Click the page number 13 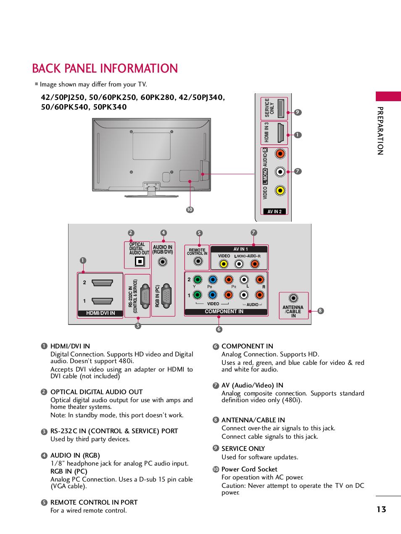point(381,509)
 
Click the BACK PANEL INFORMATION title point(105,68)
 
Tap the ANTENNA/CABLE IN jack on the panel point(293,298)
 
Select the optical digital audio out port point(140,262)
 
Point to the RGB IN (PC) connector point(166,296)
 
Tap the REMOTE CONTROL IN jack point(198,261)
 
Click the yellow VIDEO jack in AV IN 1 point(224,264)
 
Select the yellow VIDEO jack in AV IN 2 point(280,191)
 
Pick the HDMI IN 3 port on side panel point(280,133)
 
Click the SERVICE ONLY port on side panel point(280,108)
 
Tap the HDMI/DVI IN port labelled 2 point(102,283)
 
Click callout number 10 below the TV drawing point(190,209)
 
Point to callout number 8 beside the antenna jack point(321,311)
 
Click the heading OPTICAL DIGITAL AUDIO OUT point(97,392)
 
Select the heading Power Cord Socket point(249,469)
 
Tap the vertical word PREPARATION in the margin point(380,131)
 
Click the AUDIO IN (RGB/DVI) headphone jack point(162,262)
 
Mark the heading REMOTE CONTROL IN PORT point(94,502)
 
